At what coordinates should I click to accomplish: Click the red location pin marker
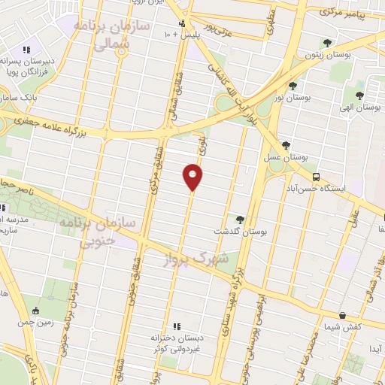pos(193,177)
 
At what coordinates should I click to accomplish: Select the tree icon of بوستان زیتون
pos(326,43)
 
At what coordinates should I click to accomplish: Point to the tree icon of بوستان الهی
pos(359,95)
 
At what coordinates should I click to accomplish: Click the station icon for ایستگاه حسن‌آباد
pos(316,176)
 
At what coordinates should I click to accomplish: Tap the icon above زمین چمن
pos(35,311)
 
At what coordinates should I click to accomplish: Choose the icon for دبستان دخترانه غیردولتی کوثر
pos(177,326)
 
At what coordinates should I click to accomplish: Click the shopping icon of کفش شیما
pos(342,315)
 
